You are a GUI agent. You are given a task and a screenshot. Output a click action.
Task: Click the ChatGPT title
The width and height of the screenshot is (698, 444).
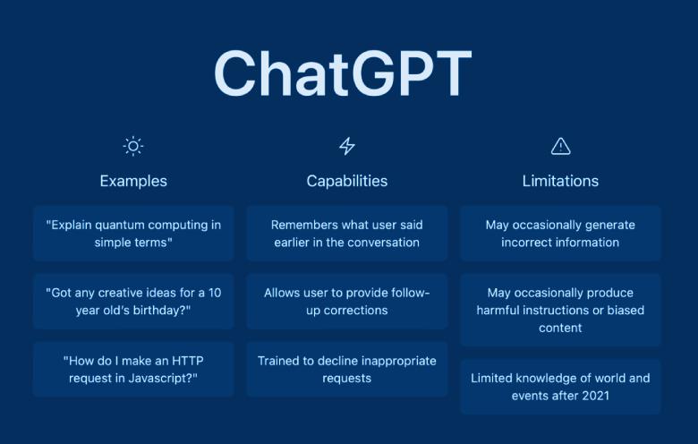(x=342, y=73)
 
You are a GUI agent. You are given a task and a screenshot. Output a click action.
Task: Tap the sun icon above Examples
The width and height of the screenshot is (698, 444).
(x=133, y=146)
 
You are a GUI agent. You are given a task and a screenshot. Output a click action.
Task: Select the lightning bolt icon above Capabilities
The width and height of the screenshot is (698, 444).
(x=347, y=146)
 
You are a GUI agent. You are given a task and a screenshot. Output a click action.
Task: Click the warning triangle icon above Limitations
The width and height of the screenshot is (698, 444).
(x=560, y=146)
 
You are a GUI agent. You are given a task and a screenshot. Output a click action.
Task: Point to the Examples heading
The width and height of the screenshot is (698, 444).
(x=133, y=181)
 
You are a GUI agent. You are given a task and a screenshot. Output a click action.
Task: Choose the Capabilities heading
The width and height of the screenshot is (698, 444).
(x=347, y=181)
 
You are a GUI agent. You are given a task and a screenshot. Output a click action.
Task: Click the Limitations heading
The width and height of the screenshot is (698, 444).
(x=560, y=181)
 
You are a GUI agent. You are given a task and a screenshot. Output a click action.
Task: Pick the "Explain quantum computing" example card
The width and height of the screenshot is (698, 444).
(x=133, y=234)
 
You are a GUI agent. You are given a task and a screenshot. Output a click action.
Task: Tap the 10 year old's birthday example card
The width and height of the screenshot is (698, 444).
(x=133, y=302)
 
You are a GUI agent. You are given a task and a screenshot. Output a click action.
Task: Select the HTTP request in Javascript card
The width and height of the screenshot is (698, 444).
(x=133, y=369)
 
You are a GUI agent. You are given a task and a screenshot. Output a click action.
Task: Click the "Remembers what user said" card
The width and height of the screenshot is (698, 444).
(x=347, y=234)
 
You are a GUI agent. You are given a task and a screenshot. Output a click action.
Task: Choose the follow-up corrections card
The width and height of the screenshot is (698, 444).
(x=347, y=302)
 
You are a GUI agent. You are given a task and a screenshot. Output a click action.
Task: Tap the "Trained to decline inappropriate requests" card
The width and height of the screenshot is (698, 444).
(x=347, y=369)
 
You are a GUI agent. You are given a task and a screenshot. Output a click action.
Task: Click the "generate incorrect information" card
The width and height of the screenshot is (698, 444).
(x=560, y=234)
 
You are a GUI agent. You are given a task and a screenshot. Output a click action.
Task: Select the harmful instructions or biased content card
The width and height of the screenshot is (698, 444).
(x=560, y=310)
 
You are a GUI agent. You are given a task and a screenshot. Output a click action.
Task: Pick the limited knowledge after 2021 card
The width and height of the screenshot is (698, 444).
(x=560, y=387)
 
